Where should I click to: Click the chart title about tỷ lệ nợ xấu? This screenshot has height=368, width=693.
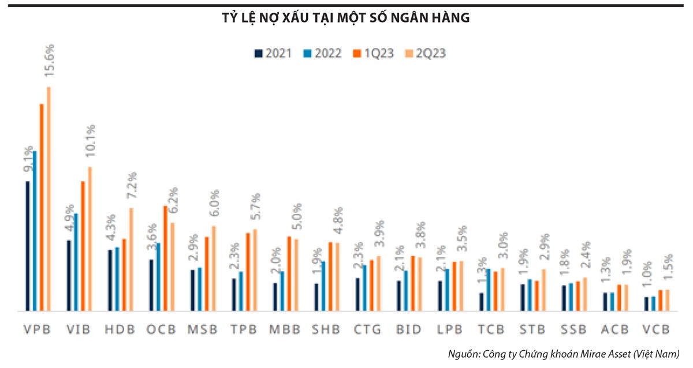[x=346, y=18]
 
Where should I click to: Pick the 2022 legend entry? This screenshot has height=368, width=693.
[x=322, y=54]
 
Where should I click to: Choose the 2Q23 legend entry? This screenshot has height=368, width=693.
[x=426, y=54]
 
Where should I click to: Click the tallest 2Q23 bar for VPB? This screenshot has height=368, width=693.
[x=49, y=199]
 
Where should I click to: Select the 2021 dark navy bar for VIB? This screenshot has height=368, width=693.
[x=69, y=275]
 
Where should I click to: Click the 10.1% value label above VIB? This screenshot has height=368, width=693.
[x=90, y=144]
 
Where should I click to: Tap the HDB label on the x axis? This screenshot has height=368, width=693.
[x=120, y=330]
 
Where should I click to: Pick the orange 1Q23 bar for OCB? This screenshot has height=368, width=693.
[x=165, y=258]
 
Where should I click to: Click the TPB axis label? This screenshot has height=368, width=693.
[x=244, y=330]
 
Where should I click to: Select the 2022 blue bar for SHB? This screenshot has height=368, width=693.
[x=323, y=286]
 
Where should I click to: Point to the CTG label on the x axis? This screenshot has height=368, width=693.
[x=368, y=330]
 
